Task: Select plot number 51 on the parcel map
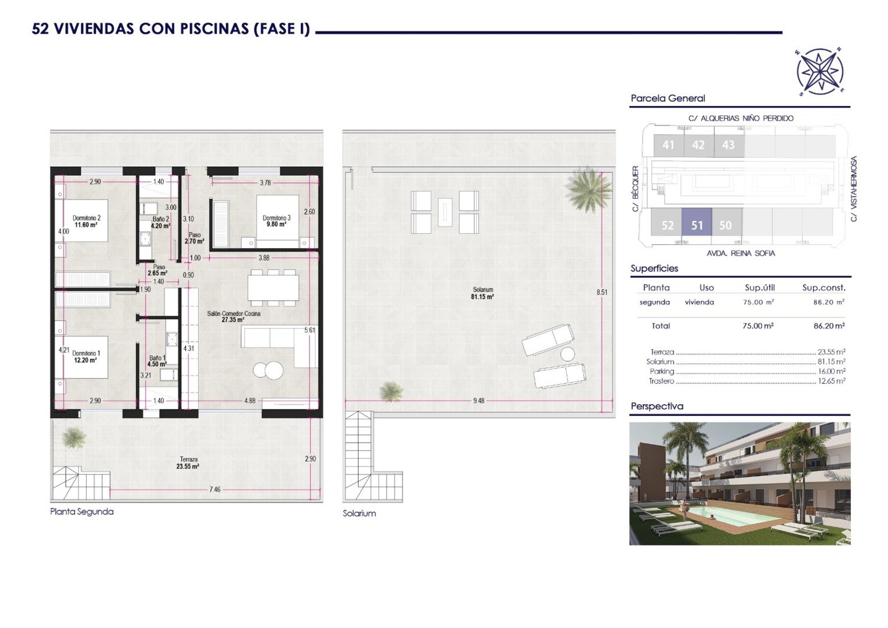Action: click(697, 225)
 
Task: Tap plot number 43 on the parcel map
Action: click(728, 145)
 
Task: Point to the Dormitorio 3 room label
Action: click(276, 221)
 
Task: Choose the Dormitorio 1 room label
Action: click(86, 356)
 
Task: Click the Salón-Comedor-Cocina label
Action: click(234, 316)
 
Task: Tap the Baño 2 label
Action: click(160, 222)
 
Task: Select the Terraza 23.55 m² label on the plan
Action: click(188, 463)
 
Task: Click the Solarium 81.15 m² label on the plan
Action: click(482, 293)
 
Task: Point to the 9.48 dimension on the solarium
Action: click(478, 401)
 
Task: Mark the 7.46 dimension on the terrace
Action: click(214, 490)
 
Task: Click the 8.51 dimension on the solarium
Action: click(601, 292)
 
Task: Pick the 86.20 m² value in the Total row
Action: click(829, 326)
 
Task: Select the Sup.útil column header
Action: click(759, 288)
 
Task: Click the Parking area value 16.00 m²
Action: click(831, 372)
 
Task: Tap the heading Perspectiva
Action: click(657, 406)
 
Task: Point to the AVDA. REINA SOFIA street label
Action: click(740, 254)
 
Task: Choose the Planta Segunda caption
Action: click(81, 512)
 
